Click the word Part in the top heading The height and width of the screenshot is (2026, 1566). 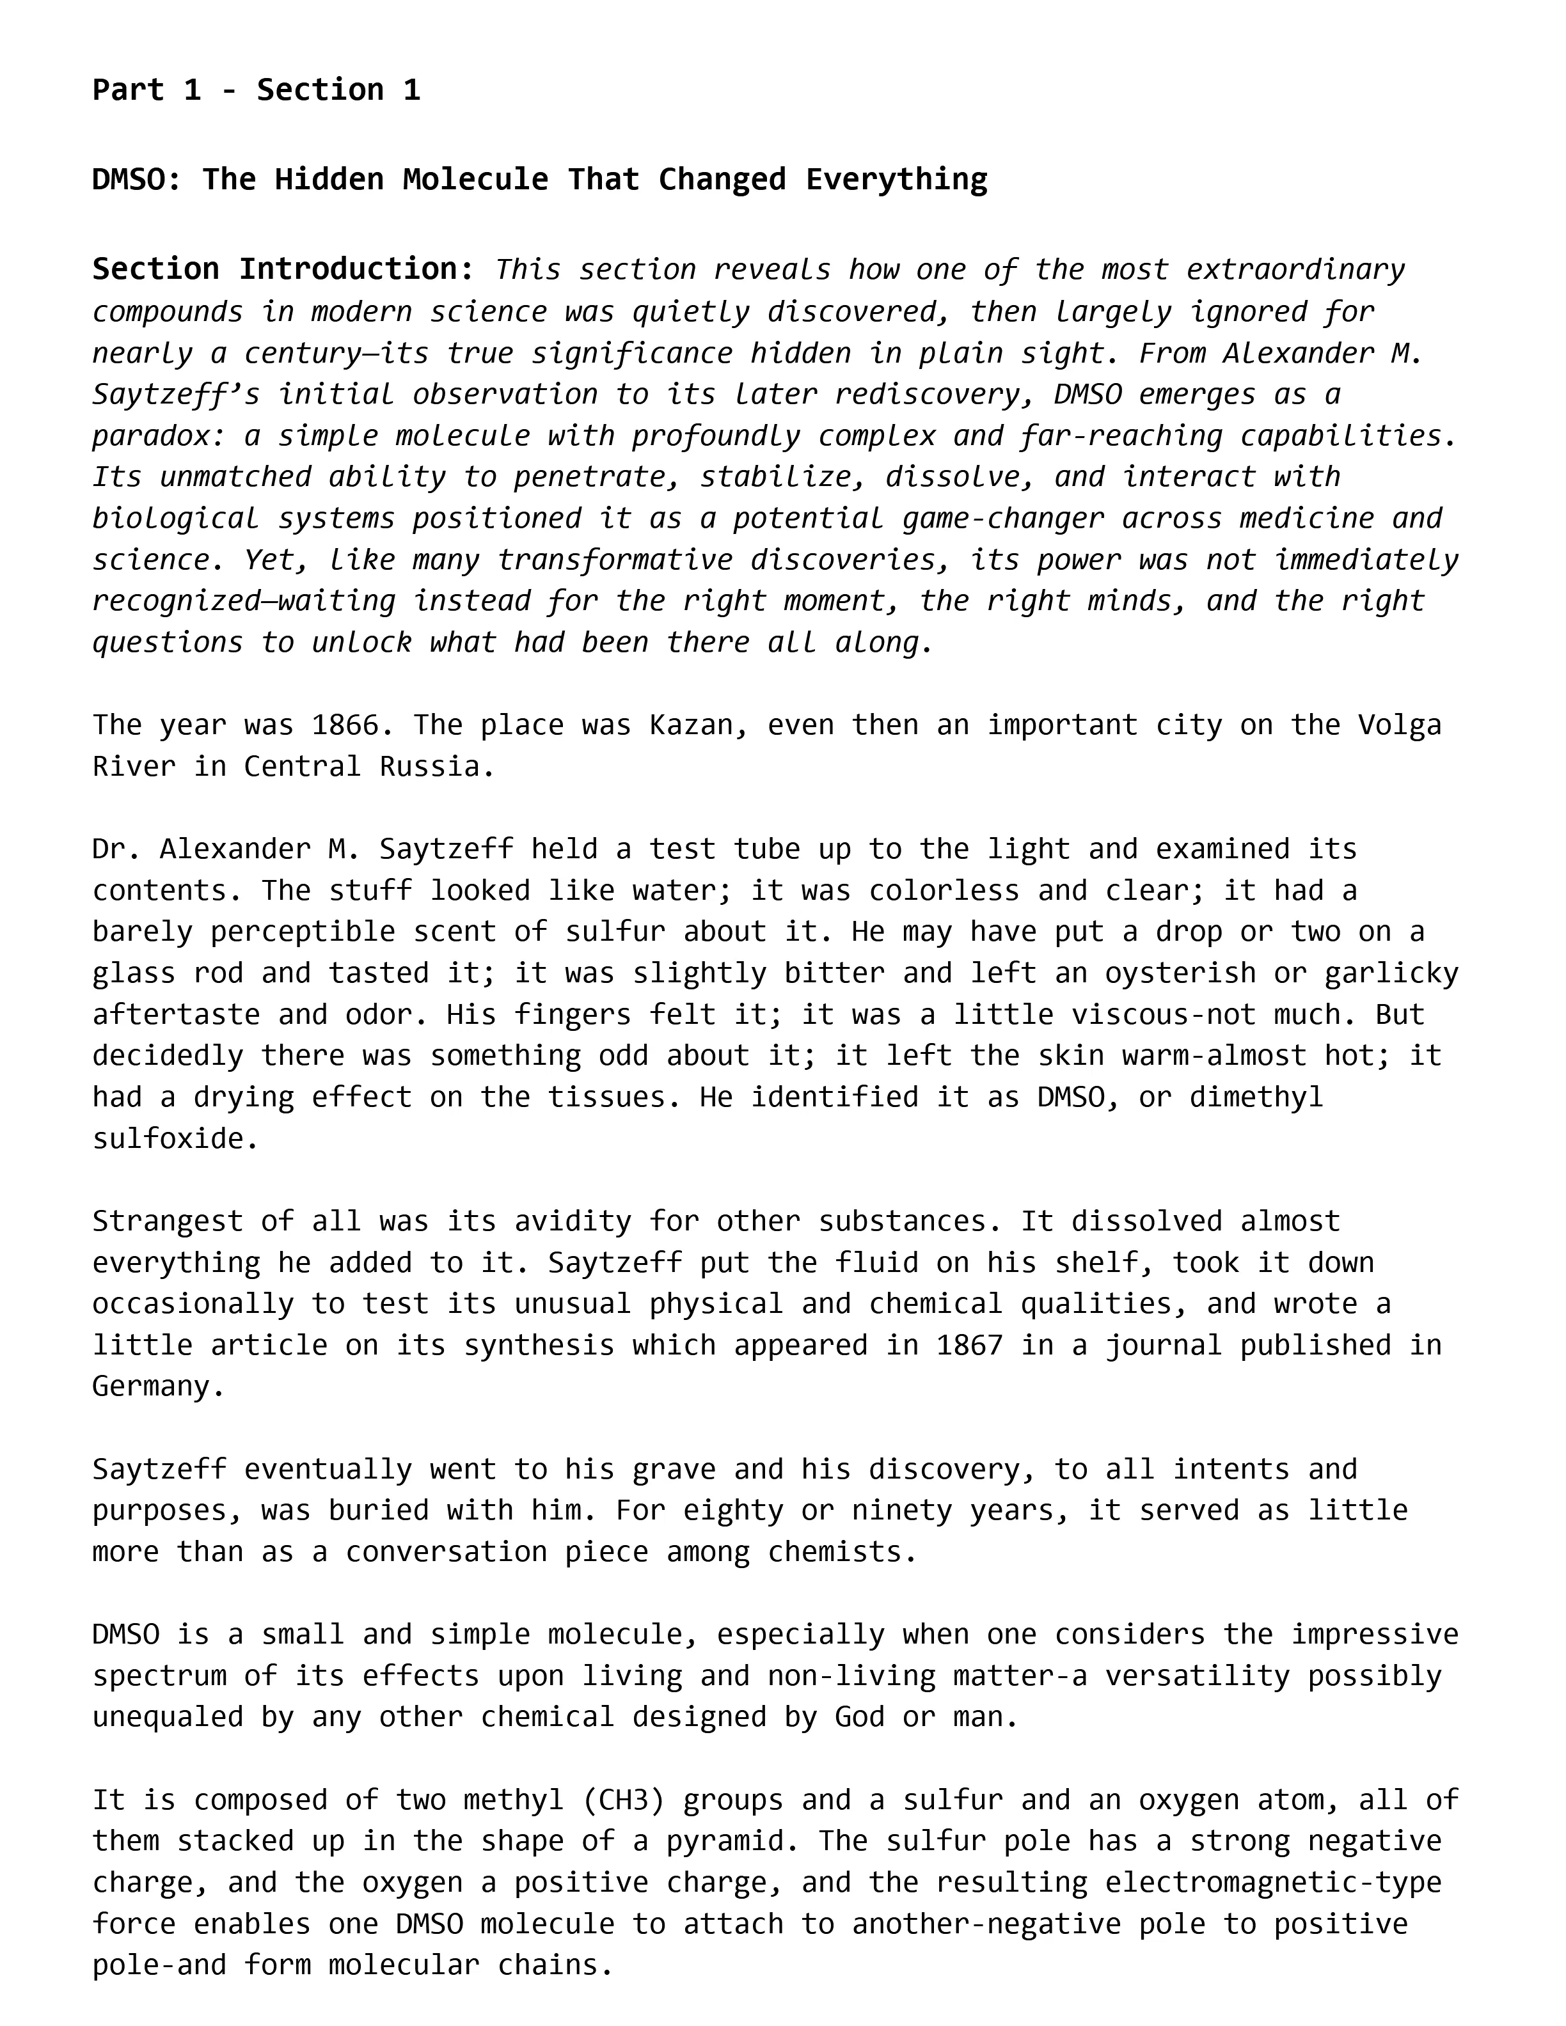click(x=127, y=90)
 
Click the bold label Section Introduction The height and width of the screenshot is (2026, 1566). click(x=283, y=269)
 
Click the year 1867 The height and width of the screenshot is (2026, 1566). click(x=969, y=1345)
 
